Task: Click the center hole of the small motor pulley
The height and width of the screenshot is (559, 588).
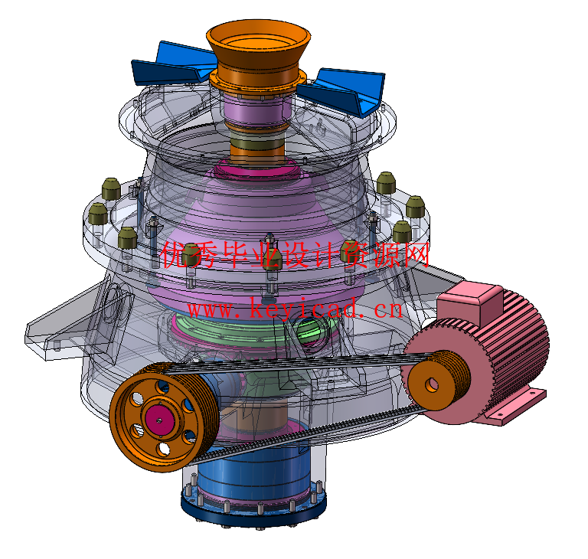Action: (x=432, y=384)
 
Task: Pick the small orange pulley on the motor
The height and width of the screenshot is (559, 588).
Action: (x=438, y=380)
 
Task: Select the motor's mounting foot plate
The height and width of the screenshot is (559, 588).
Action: (x=514, y=407)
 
